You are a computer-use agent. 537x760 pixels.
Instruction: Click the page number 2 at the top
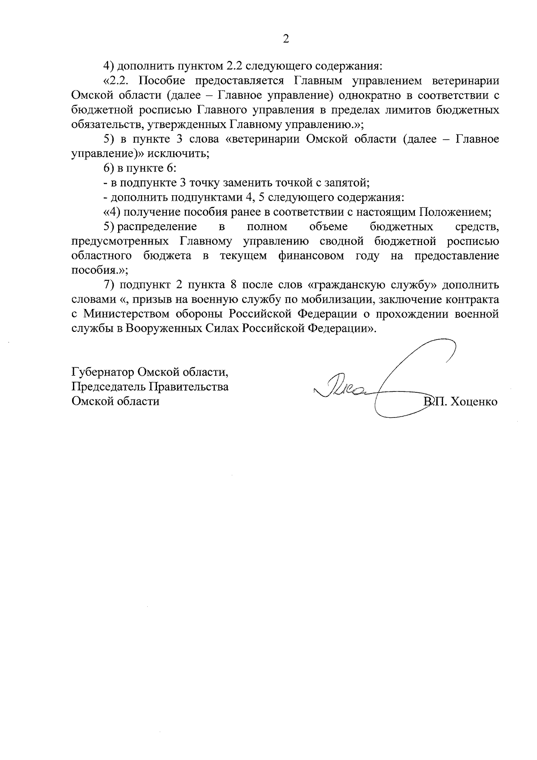(x=286, y=39)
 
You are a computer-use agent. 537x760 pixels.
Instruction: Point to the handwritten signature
(x=385, y=381)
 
